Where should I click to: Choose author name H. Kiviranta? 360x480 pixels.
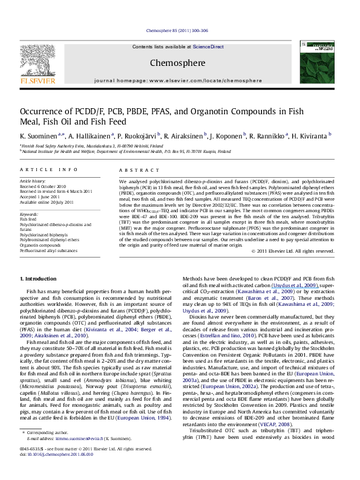(307, 137)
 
